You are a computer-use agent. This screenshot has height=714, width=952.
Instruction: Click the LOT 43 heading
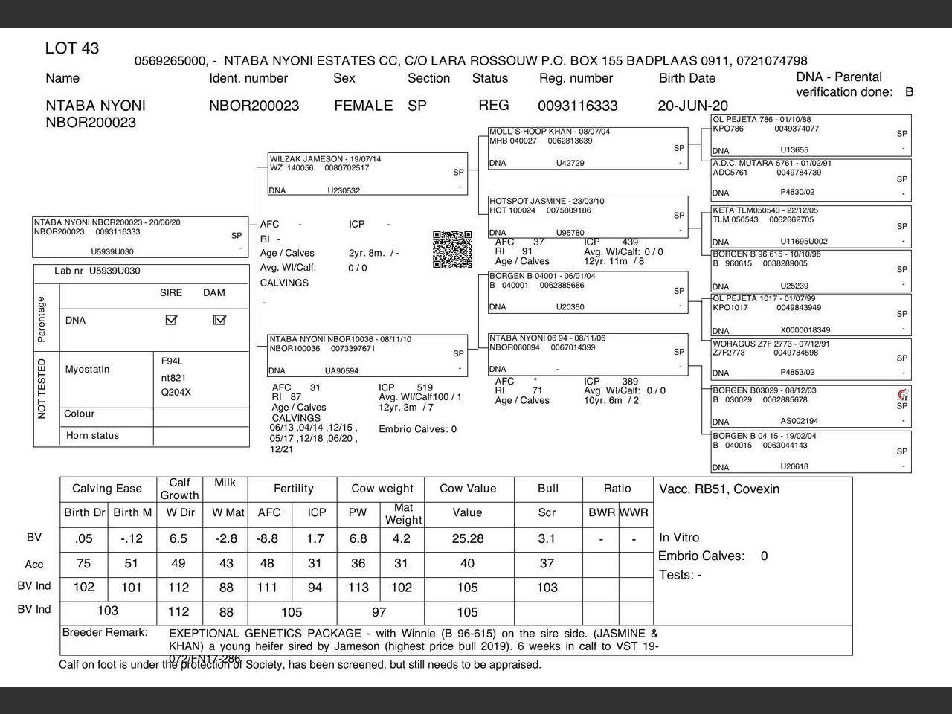(71, 49)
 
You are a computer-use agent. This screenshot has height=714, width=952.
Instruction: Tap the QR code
(452, 249)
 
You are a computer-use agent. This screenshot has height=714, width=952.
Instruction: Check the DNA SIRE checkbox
(171, 320)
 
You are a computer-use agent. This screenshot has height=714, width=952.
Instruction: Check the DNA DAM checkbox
(219, 320)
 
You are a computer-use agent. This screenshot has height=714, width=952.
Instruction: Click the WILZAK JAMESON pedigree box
(367, 174)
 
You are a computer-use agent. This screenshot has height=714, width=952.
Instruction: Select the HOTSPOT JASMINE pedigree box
(588, 216)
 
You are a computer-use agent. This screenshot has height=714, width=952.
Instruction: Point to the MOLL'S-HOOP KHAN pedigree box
(588, 147)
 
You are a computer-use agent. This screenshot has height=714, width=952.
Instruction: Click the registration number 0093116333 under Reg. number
(577, 106)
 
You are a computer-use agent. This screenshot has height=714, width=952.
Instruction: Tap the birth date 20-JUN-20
(692, 106)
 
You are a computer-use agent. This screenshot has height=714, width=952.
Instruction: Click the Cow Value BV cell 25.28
(467, 538)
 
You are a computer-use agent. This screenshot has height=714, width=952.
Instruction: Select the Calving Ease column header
(107, 489)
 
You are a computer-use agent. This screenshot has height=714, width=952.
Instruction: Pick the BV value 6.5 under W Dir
(178, 538)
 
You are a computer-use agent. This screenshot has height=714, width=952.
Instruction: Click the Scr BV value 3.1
(547, 538)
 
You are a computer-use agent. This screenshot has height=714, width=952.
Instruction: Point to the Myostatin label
(87, 369)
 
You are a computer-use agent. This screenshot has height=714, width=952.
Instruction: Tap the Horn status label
(92, 436)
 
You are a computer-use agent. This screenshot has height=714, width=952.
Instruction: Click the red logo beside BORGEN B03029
(902, 394)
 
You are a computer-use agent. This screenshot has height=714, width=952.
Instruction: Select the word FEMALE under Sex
(363, 106)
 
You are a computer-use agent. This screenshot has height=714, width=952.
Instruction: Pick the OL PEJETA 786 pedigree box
(811, 135)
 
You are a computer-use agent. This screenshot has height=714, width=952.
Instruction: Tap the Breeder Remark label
(105, 633)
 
